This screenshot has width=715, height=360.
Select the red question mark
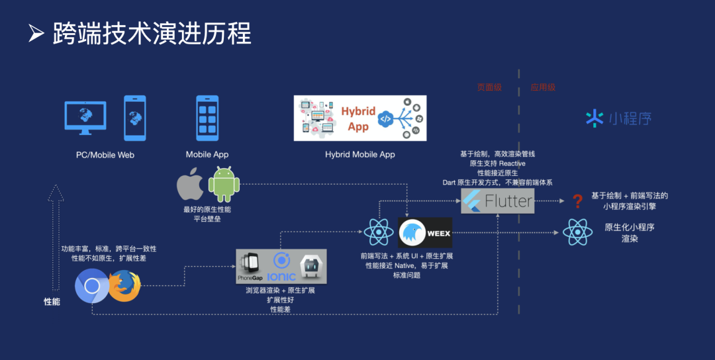click(577, 201)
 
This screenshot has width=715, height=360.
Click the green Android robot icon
click(224, 185)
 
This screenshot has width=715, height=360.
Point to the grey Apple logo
click(190, 185)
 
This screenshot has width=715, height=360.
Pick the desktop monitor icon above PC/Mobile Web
click(85, 117)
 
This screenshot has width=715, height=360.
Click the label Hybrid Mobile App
click(360, 154)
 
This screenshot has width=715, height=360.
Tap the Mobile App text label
click(207, 154)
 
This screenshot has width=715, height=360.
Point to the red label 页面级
click(490, 87)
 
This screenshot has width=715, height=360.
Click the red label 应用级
click(544, 87)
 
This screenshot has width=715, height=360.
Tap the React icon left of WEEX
click(378, 232)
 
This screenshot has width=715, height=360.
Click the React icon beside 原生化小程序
click(577, 232)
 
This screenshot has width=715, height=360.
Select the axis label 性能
click(52, 301)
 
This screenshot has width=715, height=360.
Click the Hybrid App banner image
click(360, 118)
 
